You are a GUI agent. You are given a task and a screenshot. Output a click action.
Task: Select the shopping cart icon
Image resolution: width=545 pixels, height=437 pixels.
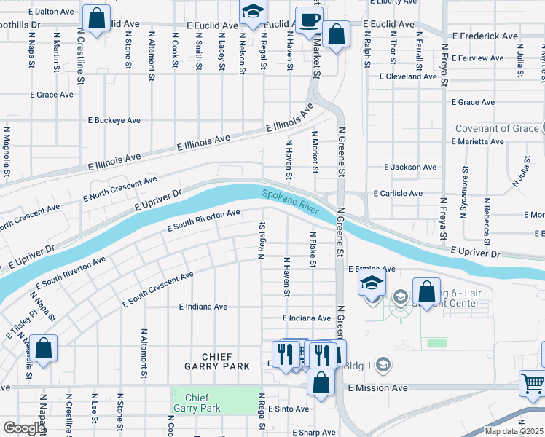coord(533,382)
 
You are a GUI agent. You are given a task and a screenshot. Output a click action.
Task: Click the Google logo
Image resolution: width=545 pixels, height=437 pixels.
coord(24,428)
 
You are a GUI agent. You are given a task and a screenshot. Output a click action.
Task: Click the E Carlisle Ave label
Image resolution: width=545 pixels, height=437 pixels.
coord(398,194)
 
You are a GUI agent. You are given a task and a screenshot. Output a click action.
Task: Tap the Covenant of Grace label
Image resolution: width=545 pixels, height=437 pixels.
coord(498,129)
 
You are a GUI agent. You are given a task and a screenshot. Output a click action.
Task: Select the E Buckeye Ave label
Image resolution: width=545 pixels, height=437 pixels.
coord(113,120)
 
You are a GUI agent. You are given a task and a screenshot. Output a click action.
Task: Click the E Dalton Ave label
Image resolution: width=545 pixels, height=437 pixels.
coord(51,12)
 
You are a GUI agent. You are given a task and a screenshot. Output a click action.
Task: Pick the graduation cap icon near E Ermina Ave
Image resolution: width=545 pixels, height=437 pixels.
coord(372,283)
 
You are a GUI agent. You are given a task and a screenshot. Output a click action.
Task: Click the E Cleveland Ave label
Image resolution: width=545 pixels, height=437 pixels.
coord(408,76)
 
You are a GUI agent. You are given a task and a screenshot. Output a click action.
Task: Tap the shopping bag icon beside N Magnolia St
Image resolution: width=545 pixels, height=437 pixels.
coord(44,349)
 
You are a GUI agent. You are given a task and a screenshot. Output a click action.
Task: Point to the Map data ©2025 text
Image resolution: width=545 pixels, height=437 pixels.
coord(514,431)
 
